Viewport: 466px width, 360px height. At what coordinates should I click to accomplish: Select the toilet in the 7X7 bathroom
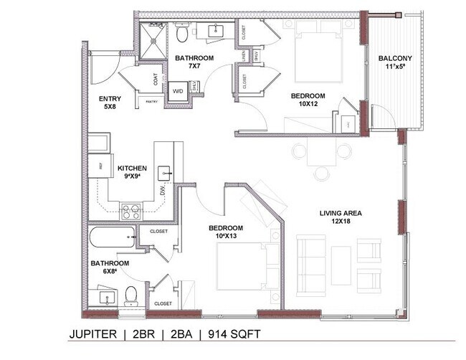pos(182,33)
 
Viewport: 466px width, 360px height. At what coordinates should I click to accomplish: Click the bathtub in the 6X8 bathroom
pos(112,236)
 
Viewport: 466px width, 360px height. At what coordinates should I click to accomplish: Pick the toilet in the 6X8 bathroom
pos(131,295)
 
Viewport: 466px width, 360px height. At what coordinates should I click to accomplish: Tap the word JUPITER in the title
pos(93,334)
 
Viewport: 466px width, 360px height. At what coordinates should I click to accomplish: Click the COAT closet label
pos(157,80)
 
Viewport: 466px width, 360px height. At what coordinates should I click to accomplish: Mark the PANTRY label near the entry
pos(152,102)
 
